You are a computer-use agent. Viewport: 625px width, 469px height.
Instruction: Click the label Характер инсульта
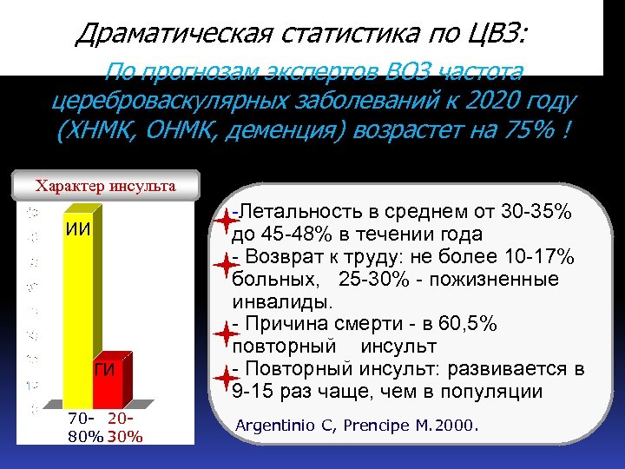point(105,185)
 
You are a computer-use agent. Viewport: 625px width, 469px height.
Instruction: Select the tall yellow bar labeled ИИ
point(79,304)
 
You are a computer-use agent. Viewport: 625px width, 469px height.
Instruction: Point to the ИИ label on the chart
point(77,231)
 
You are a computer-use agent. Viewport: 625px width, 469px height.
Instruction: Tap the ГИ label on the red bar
point(105,372)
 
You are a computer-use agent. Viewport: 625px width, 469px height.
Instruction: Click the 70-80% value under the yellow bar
point(87,429)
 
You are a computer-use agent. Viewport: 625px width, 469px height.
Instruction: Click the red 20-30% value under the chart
point(125,429)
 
